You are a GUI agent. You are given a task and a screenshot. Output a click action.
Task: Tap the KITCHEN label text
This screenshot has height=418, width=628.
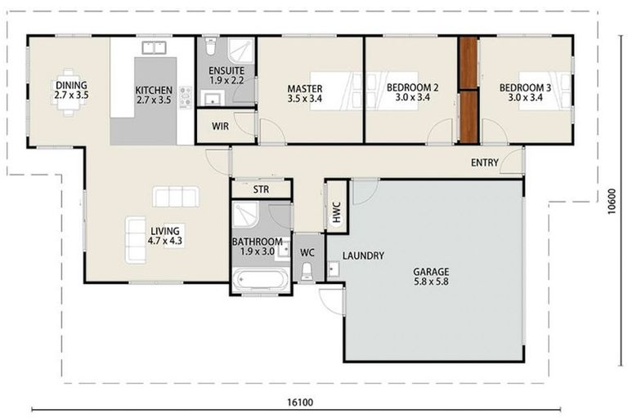154,96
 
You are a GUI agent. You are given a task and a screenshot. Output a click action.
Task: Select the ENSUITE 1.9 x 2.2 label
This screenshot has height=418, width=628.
227,76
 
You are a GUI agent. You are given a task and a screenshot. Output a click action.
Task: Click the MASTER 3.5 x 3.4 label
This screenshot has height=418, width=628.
304,93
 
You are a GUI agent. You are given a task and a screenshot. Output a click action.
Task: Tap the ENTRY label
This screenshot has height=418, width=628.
485,163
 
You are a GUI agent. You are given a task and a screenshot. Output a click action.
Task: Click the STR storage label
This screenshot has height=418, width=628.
261,189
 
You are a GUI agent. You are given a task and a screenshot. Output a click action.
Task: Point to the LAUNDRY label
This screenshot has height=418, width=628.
363,256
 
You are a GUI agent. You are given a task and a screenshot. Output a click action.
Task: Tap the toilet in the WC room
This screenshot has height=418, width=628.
307,269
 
